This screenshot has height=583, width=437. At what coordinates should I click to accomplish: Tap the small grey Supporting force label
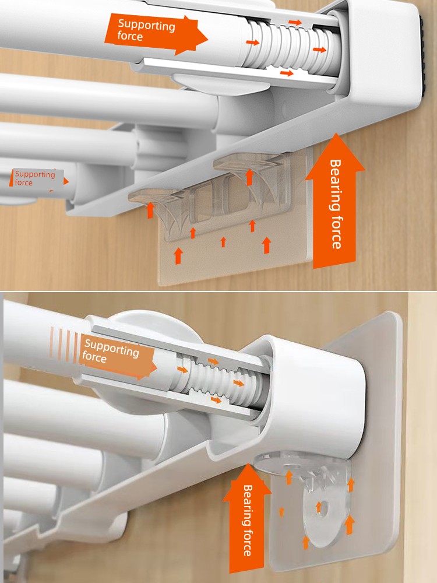36,178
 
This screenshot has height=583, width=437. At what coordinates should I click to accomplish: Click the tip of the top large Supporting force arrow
207,38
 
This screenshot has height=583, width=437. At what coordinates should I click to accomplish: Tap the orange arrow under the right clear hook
250,177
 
